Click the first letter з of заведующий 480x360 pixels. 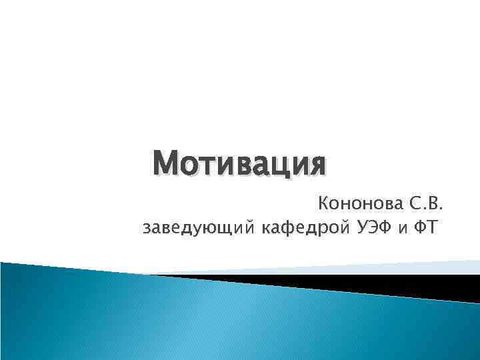coord(147,229)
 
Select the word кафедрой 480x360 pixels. coord(301,229)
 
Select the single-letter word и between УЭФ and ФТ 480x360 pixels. coord(402,230)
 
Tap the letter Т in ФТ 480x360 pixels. coord(433,229)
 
